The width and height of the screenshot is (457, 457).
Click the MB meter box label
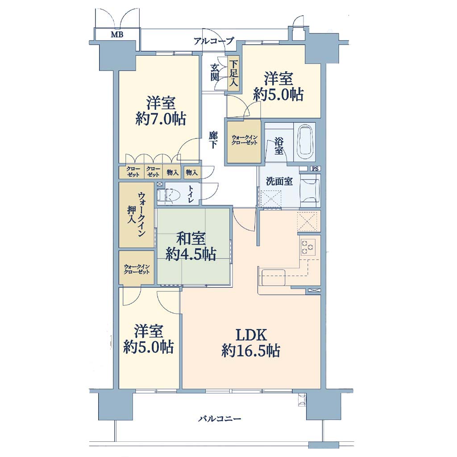[117, 35]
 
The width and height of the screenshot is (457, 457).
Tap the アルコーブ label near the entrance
[214, 41]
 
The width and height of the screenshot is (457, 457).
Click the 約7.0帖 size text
[161, 119]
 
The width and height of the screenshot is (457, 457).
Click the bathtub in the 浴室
[305, 143]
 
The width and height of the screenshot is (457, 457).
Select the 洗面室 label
[279, 181]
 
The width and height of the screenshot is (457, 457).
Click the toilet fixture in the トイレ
[168, 195]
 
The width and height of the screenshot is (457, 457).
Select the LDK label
[251, 335]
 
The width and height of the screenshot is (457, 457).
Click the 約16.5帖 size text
[251, 351]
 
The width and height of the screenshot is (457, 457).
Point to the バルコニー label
[220, 419]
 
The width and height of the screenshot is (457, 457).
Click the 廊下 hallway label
[213, 140]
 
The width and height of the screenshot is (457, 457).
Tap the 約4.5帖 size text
[191, 254]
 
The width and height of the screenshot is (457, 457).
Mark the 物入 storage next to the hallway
[191, 173]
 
